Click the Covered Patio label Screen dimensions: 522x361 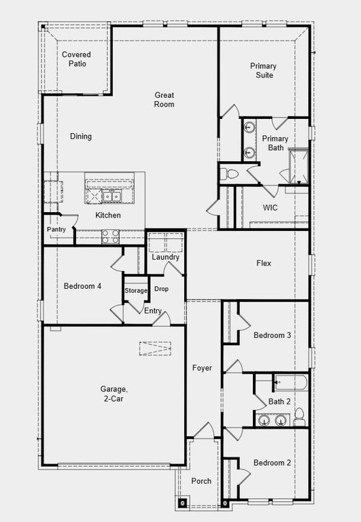tap(76, 59)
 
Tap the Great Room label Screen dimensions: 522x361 tap(165, 100)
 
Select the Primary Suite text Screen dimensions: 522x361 tap(262, 71)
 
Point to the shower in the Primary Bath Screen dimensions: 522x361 tap(298, 165)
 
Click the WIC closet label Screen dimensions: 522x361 tap(271, 207)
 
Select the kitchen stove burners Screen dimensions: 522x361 tap(110, 237)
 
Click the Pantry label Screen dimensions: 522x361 tap(56, 230)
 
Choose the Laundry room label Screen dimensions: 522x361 tap(166, 257)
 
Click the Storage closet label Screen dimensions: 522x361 tap(136, 291)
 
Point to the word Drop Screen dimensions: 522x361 tap(161, 290)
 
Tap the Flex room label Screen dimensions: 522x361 tap(264, 263)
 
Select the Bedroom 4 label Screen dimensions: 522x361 tap(82, 286)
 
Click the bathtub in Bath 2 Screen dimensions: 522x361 tap(290, 383)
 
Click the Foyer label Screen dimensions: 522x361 tap(202, 368)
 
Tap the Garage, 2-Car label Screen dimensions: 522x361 tap(114, 394)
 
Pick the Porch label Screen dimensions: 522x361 tap(201, 481)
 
